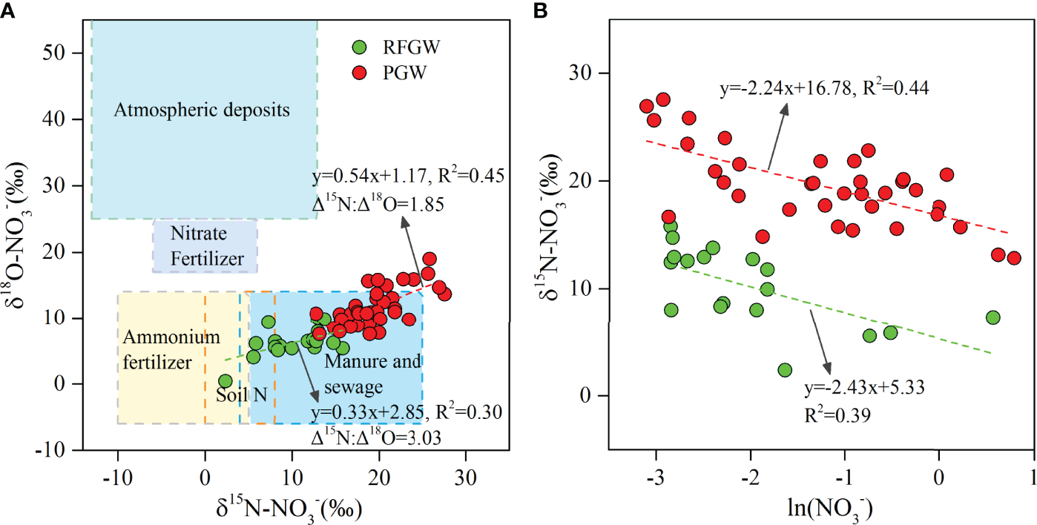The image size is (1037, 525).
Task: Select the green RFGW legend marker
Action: [358, 48]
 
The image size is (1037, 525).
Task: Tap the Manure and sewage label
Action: [372, 374]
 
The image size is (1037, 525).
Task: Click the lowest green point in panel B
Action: [785, 370]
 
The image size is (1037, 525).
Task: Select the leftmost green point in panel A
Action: [225, 381]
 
